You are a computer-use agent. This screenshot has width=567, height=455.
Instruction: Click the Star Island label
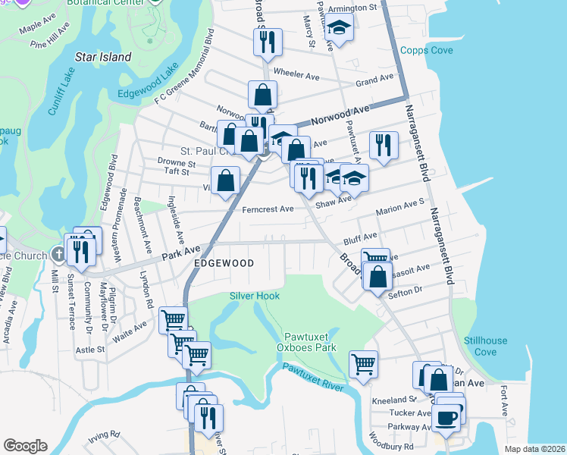tap(103, 57)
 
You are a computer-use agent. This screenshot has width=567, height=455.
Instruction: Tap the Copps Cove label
tap(426, 51)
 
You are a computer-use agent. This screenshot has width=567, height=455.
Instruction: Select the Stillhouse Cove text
tap(486, 346)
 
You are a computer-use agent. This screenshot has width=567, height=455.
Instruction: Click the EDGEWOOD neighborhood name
tap(223, 262)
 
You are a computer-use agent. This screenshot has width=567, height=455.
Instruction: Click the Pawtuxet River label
tap(313, 377)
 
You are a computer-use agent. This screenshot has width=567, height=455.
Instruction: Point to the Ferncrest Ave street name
tap(268, 209)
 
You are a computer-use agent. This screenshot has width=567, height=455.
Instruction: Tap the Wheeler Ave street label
tap(296, 75)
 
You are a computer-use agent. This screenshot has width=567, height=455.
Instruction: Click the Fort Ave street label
tap(504, 400)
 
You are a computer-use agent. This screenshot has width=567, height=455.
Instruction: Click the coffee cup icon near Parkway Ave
tap(446, 416)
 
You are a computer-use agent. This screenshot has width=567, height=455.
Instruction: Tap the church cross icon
tap(58, 254)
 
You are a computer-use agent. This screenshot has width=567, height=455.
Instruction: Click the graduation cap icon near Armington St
tap(339, 28)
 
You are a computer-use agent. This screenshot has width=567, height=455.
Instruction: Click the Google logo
tap(25, 446)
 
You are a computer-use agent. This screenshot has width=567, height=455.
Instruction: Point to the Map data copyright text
tap(534, 449)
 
